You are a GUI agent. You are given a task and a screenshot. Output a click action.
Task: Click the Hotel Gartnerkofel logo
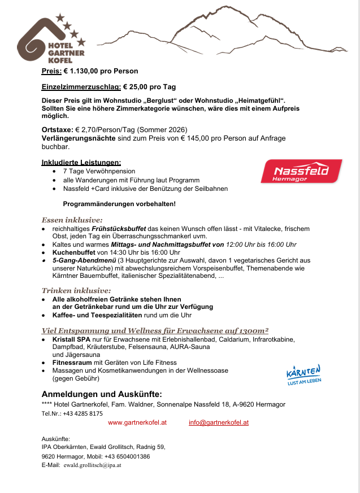(51, 41)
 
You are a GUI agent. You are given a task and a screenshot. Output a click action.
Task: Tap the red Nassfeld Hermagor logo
(301, 171)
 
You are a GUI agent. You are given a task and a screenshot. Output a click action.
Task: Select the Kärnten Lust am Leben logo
(304, 375)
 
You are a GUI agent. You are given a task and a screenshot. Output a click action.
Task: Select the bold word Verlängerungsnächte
(79, 138)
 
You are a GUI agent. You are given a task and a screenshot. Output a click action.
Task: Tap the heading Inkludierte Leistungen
(81, 163)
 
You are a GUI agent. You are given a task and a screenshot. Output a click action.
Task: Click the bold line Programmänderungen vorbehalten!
(119, 203)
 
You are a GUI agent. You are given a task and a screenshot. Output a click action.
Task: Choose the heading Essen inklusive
(72, 220)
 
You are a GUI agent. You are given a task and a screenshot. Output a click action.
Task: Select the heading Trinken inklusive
(76, 290)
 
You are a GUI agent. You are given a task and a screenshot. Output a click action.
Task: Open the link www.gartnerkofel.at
(137, 422)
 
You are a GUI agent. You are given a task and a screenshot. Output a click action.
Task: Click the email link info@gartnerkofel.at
(219, 422)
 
